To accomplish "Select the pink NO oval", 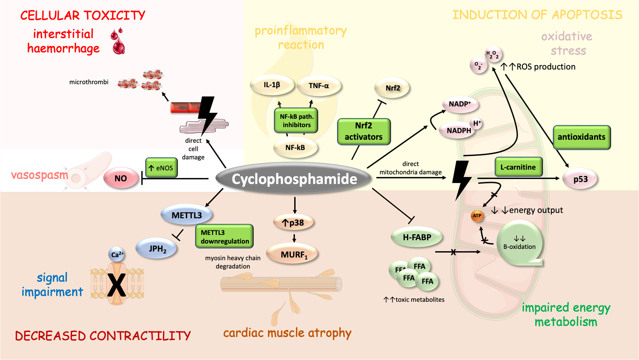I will click(121, 178).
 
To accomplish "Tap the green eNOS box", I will click(162, 168).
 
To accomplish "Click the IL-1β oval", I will click(272, 85).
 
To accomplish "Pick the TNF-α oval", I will click(319, 86).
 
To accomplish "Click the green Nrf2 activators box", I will click(364, 131).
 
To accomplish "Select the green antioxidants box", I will click(582, 137).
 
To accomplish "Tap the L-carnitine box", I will click(518, 167).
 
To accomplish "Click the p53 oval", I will click(580, 179).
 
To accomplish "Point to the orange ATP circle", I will click(477, 216).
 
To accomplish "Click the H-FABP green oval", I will click(417, 237).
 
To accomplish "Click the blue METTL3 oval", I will click(186, 215).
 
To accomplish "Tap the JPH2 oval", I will click(157, 249).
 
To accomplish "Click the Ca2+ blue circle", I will click(117, 254).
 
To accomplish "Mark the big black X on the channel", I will click(117, 284).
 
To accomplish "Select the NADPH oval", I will click(458, 130).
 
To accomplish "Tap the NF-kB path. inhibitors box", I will click(296, 121).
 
